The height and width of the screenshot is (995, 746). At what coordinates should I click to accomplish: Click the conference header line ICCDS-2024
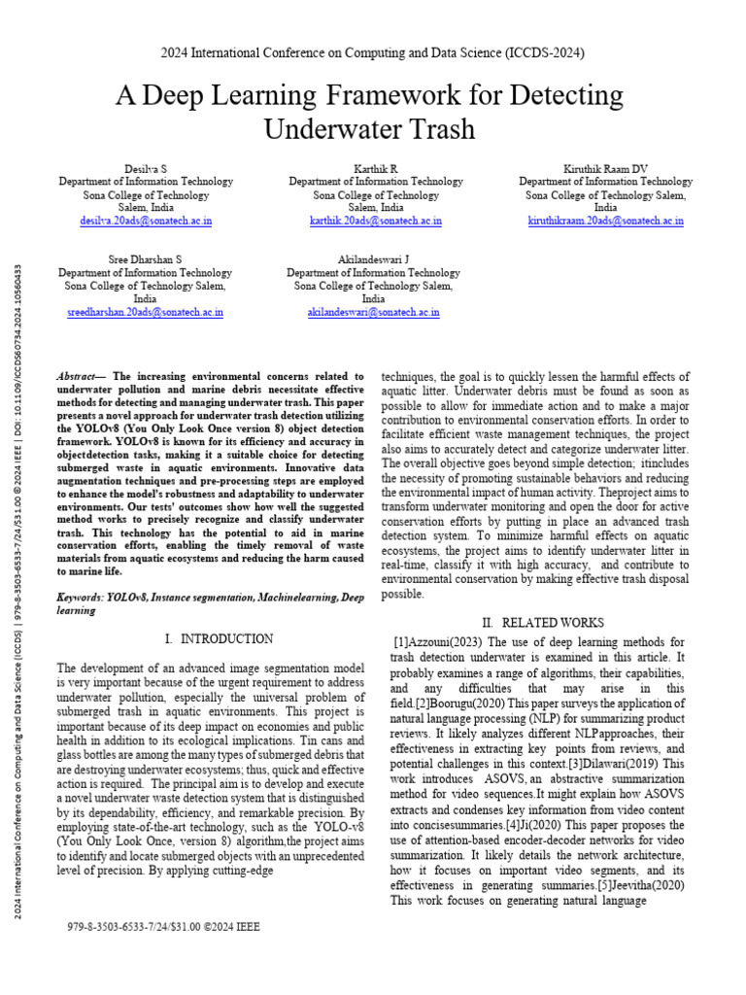point(373,52)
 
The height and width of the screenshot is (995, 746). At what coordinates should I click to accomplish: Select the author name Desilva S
point(145,168)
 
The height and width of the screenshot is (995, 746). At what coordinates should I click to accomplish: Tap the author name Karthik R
point(375,168)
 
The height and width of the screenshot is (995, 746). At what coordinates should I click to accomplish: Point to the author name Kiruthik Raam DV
point(605,168)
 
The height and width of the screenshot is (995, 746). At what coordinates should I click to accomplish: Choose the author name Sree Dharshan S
point(145,260)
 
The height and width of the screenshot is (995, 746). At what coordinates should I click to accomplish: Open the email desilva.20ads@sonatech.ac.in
point(146,222)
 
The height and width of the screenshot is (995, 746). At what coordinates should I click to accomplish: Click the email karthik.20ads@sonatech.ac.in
point(375,222)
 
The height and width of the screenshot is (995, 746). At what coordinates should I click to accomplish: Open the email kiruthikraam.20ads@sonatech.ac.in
point(605,222)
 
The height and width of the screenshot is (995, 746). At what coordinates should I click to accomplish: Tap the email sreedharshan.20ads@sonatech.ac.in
point(145,313)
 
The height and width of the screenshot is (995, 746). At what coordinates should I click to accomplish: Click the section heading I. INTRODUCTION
point(219,638)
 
